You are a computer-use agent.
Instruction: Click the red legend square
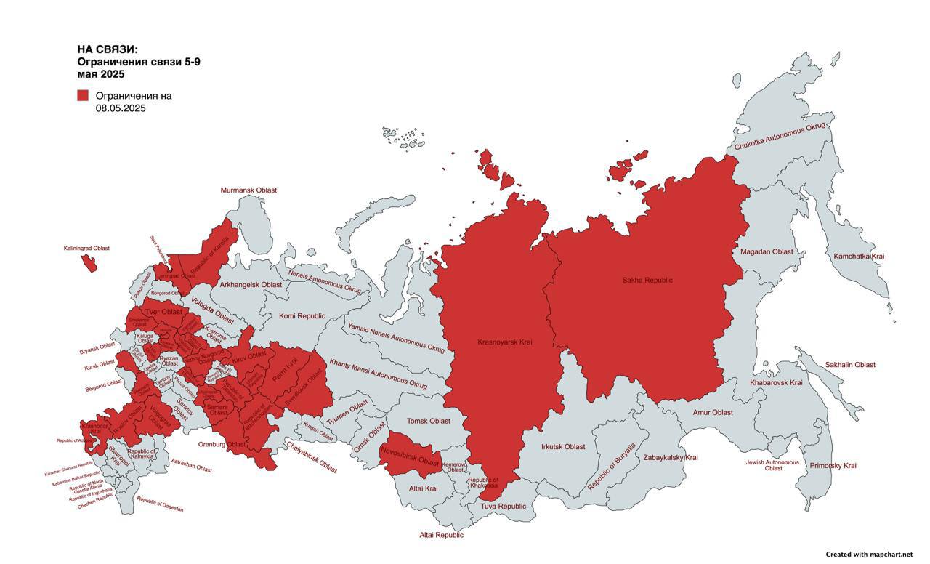tap(83, 95)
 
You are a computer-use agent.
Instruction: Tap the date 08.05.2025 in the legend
tap(121, 108)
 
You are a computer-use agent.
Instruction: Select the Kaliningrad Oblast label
tap(86, 249)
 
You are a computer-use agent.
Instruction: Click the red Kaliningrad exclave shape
tap(89, 263)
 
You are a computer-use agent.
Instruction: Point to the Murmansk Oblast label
tap(248, 190)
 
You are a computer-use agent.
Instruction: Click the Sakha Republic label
tap(647, 280)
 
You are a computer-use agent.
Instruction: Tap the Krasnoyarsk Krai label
tap(505, 342)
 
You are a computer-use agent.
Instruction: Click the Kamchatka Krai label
tap(859, 257)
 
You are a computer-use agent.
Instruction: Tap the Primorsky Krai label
tap(833, 465)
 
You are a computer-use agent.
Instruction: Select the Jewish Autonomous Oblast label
tap(772, 465)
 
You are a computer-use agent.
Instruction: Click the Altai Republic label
tap(441, 535)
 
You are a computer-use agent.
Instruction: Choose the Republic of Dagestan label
tap(160, 504)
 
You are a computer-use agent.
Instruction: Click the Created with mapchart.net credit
tap(868, 555)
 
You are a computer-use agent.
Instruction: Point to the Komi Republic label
tap(302, 316)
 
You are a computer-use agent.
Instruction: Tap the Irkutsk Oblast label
tap(563, 447)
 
